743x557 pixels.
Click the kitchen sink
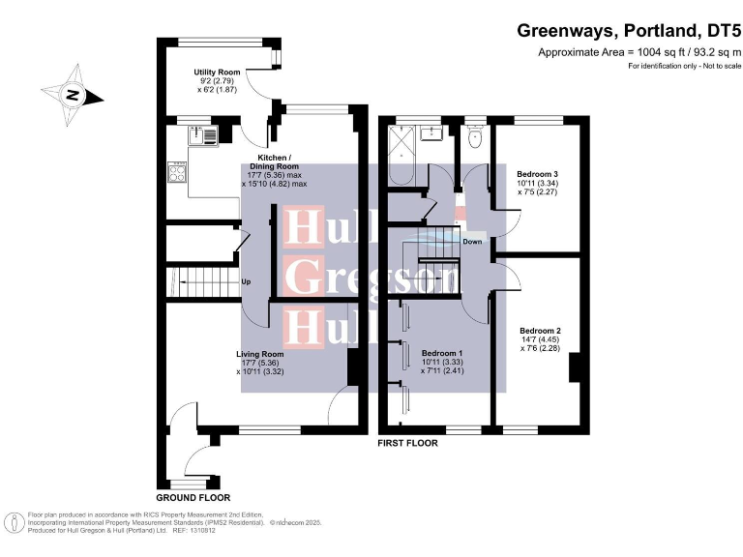(205, 136)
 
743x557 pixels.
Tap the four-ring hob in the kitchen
(179, 175)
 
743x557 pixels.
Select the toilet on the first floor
(473, 139)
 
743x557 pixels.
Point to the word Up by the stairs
(247, 283)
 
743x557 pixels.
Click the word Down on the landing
(472, 242)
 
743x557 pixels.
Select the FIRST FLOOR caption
(407, 444)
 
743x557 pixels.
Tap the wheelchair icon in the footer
(15, 523)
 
